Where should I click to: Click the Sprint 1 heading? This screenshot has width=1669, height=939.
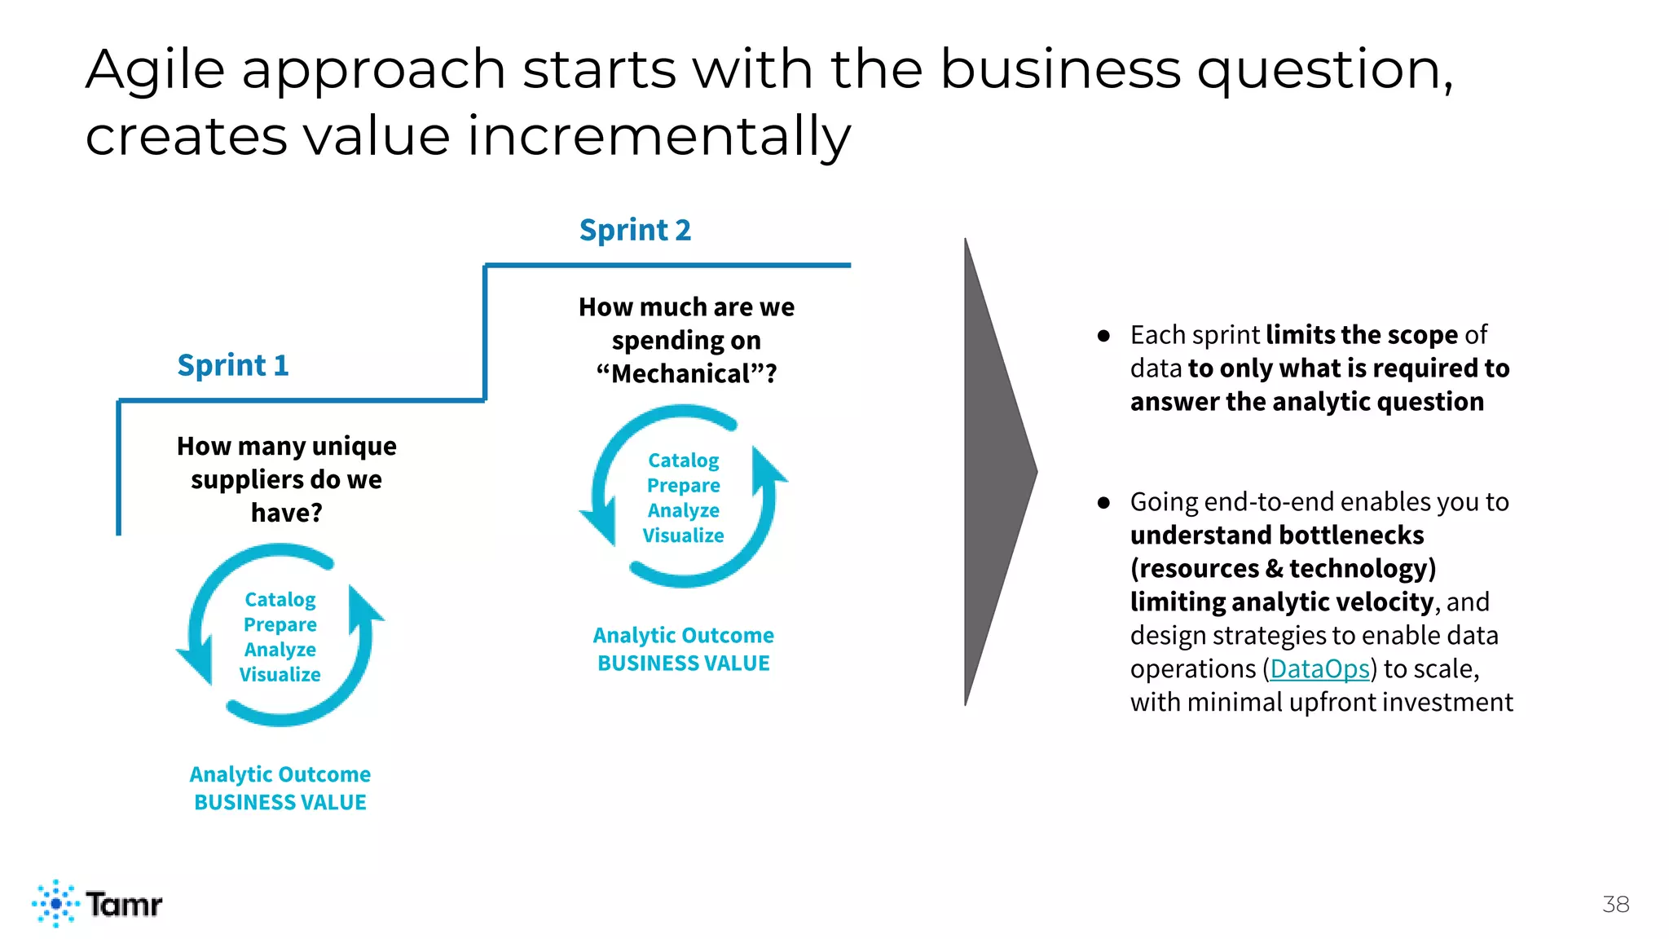click(x=233, y=365)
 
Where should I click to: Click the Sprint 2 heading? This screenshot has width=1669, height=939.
click(x=635, y=230)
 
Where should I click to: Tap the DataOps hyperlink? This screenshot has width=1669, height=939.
click(x=1319, y=669)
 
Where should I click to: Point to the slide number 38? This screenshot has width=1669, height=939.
click(x=1615, y=904)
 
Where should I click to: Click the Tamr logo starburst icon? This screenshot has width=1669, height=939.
click(x=55, y=903)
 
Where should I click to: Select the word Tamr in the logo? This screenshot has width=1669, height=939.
click(x=124, y=904)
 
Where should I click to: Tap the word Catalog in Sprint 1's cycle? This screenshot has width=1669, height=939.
click(x=280, y=600)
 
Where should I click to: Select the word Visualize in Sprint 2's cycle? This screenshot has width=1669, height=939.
click(x=683, y=536)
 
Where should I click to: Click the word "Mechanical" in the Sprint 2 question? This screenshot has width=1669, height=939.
click(x=681, y=374)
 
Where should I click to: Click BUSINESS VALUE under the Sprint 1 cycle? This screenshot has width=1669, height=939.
click(x=280, y=802)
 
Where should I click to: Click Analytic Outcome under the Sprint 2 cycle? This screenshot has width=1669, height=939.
click(x=683, y=635)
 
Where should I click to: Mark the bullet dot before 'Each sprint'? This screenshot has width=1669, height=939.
click(x=1103, y=335)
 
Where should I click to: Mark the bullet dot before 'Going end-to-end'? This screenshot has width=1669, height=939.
click(x=1103, y=502)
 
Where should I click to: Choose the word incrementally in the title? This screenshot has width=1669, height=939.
click(x=658, y=135)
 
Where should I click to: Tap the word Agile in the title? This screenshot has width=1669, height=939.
click(x=155, y=70)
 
